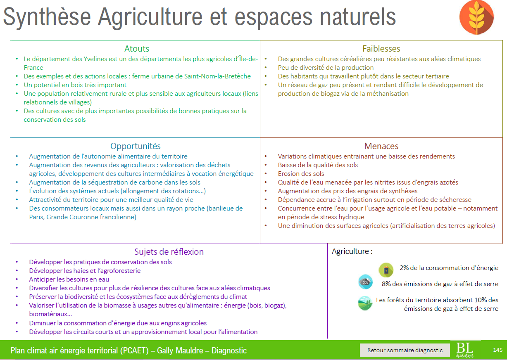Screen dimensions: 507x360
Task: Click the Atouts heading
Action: pos(137,49)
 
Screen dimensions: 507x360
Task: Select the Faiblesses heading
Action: pos(381,49)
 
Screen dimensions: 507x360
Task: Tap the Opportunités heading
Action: pos(136,146)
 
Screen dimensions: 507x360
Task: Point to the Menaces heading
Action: pos(381,146)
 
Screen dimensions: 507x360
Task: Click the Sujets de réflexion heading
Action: pos(169,252)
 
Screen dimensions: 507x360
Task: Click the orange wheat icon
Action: pos(476,17)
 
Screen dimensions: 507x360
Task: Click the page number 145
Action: pos(497,350)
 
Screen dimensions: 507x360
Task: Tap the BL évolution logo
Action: pos(464,350)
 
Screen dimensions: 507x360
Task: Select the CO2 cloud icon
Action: pos(365,282)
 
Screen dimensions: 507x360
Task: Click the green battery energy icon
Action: pos(386,270)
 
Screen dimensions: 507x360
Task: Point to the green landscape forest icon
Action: pos(365,303)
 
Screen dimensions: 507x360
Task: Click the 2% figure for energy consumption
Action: pos(404,268)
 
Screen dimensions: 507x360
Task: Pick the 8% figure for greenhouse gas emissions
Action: pos(386,284)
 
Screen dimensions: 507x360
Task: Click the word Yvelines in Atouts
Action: pos(96,59)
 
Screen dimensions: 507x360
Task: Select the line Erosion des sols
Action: pos(301,174)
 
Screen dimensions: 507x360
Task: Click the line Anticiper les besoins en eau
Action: pos(69,279)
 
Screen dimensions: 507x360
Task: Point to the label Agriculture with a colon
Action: pos(352,251)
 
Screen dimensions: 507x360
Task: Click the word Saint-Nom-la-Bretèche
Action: pos(217,76)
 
